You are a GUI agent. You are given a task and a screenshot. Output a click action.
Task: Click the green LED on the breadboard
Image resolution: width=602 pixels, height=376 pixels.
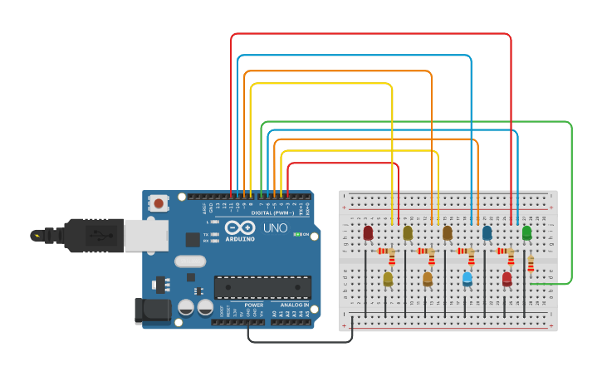(526, 233)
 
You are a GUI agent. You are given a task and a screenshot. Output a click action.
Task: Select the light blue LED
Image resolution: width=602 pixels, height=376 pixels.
(467, 278)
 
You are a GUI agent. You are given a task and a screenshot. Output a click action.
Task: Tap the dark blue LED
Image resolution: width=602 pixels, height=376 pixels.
(487, 232)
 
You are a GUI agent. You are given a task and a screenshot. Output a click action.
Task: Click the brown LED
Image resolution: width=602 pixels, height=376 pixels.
(448, 232)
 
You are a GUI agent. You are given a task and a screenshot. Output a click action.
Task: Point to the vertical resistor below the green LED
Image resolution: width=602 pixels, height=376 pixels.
(531, 264)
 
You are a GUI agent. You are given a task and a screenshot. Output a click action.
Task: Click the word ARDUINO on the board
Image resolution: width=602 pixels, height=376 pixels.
(239, 241)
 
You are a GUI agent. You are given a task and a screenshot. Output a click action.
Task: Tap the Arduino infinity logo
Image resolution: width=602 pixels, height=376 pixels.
(239, 228)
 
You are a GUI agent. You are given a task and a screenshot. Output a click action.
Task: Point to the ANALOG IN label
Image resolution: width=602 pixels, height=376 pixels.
(294, 305)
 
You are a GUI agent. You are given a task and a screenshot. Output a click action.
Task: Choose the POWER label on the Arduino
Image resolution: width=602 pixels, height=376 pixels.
(254, 305)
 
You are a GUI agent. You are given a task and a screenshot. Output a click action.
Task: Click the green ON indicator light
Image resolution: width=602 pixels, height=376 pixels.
(296, 235)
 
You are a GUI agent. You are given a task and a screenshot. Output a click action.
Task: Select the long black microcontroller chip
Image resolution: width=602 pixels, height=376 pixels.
(262, 287)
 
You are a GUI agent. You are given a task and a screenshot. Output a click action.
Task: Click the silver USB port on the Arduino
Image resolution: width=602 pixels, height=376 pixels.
(146, 236)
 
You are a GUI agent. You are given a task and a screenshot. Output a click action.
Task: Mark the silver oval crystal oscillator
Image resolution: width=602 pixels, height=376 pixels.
(190, 261)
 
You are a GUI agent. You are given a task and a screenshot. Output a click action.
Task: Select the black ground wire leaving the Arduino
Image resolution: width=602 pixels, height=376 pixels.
(299, 341)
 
